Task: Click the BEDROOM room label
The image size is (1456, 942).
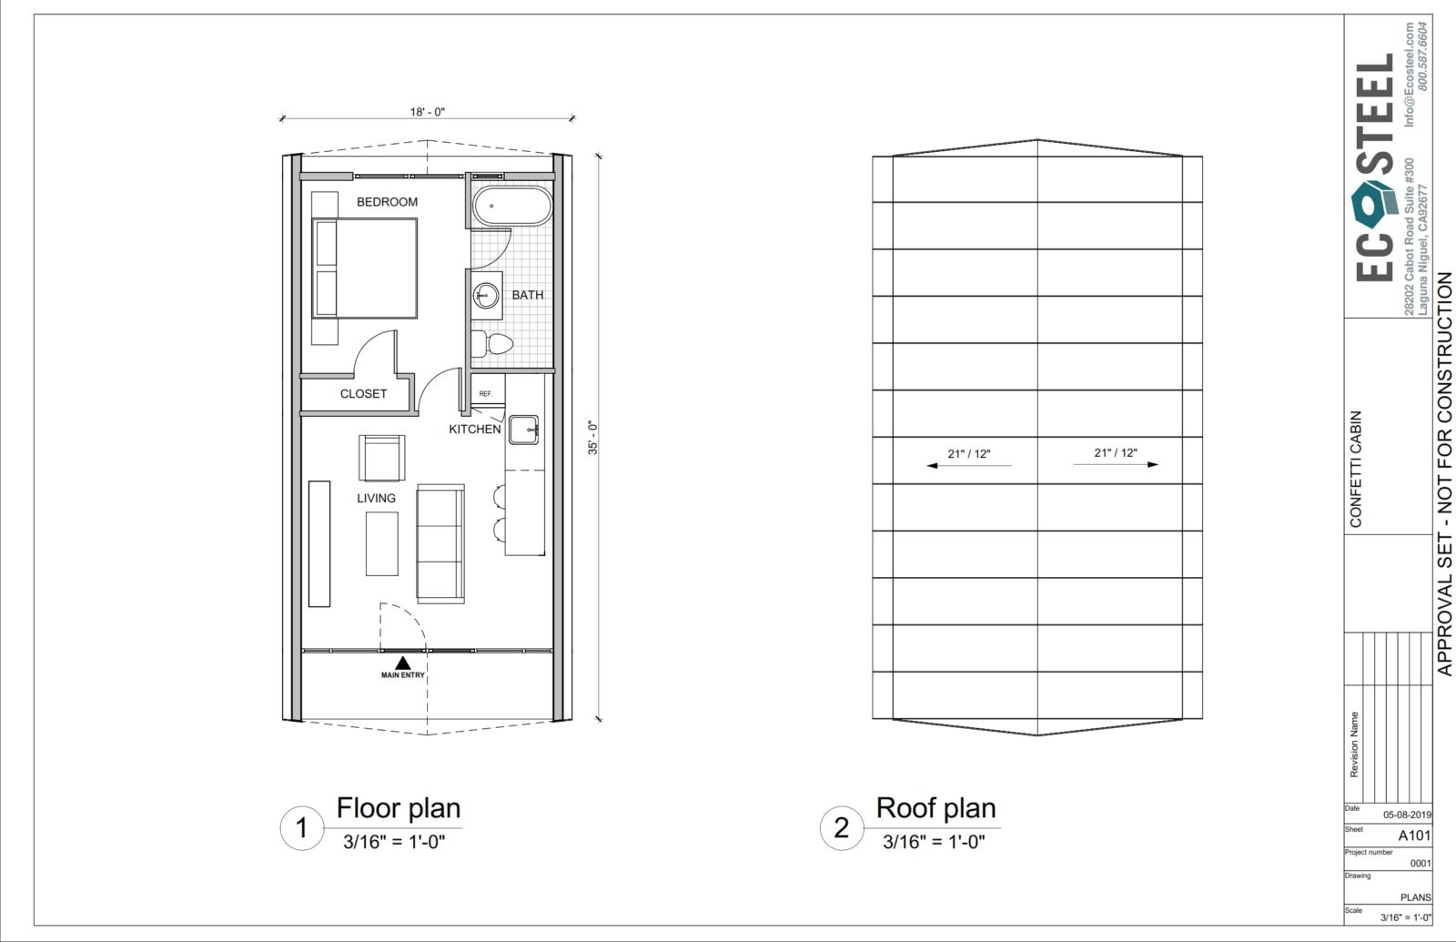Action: click(x=387, y=202)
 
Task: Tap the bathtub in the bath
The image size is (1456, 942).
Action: click(x=512, y=206)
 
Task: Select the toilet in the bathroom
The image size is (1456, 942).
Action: click(x=492, y=343)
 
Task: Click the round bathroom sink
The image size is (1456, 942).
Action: click(x=486, y=296)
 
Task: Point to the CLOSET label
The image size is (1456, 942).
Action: click(x=363, y=394)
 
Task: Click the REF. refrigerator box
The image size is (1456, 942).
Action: click(x=487, y=390)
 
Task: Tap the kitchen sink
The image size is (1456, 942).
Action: click(x=523, y=430)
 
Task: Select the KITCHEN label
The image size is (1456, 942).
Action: click(x=475, y=429)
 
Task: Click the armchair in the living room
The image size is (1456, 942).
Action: click(x=381, y=459)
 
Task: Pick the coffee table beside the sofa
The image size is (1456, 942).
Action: click(x=381, y=543)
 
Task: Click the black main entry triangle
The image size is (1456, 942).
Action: click(x=403, y=663)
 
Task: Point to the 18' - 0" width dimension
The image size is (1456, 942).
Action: click(x=427, y=112)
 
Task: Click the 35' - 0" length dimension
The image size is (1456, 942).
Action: click(x=592, y=438)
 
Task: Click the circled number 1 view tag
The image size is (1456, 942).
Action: click(x=301, y=828)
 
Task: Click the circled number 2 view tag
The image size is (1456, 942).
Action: click(x=841, y=828)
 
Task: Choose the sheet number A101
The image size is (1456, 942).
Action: click(x=1414, y=836)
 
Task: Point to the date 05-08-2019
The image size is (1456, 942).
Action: click(x=1407, y=815)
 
